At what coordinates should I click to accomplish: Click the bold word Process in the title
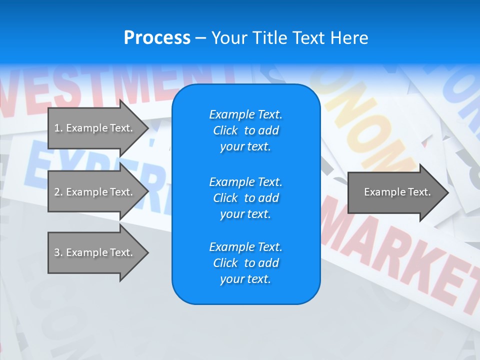pyautogui.click(x=157, y=38)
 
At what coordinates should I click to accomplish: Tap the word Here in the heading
pyautogui.click(x=348, y=38)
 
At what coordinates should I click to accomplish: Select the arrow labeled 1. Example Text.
pyautogui.click(x=93, y=128)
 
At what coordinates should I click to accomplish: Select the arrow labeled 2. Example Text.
pyautogui.click(x=93, y=192)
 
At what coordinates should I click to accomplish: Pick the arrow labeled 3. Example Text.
pyautogui.click(x=93, y=252)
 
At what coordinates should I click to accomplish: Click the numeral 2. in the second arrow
pyautogui.click(x=58, y=192)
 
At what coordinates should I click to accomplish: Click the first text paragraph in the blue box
pyautogui.click(x=245, y=130)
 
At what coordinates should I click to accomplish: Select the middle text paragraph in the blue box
pyautogui.click(x=245, y=198)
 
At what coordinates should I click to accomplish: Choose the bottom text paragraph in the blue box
pyautogui.click(x=245, y=263)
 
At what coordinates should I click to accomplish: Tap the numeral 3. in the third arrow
pyautogui.click(x=58, y=252)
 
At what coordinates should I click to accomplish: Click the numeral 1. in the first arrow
pyautogui.click(x=58, y=128)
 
